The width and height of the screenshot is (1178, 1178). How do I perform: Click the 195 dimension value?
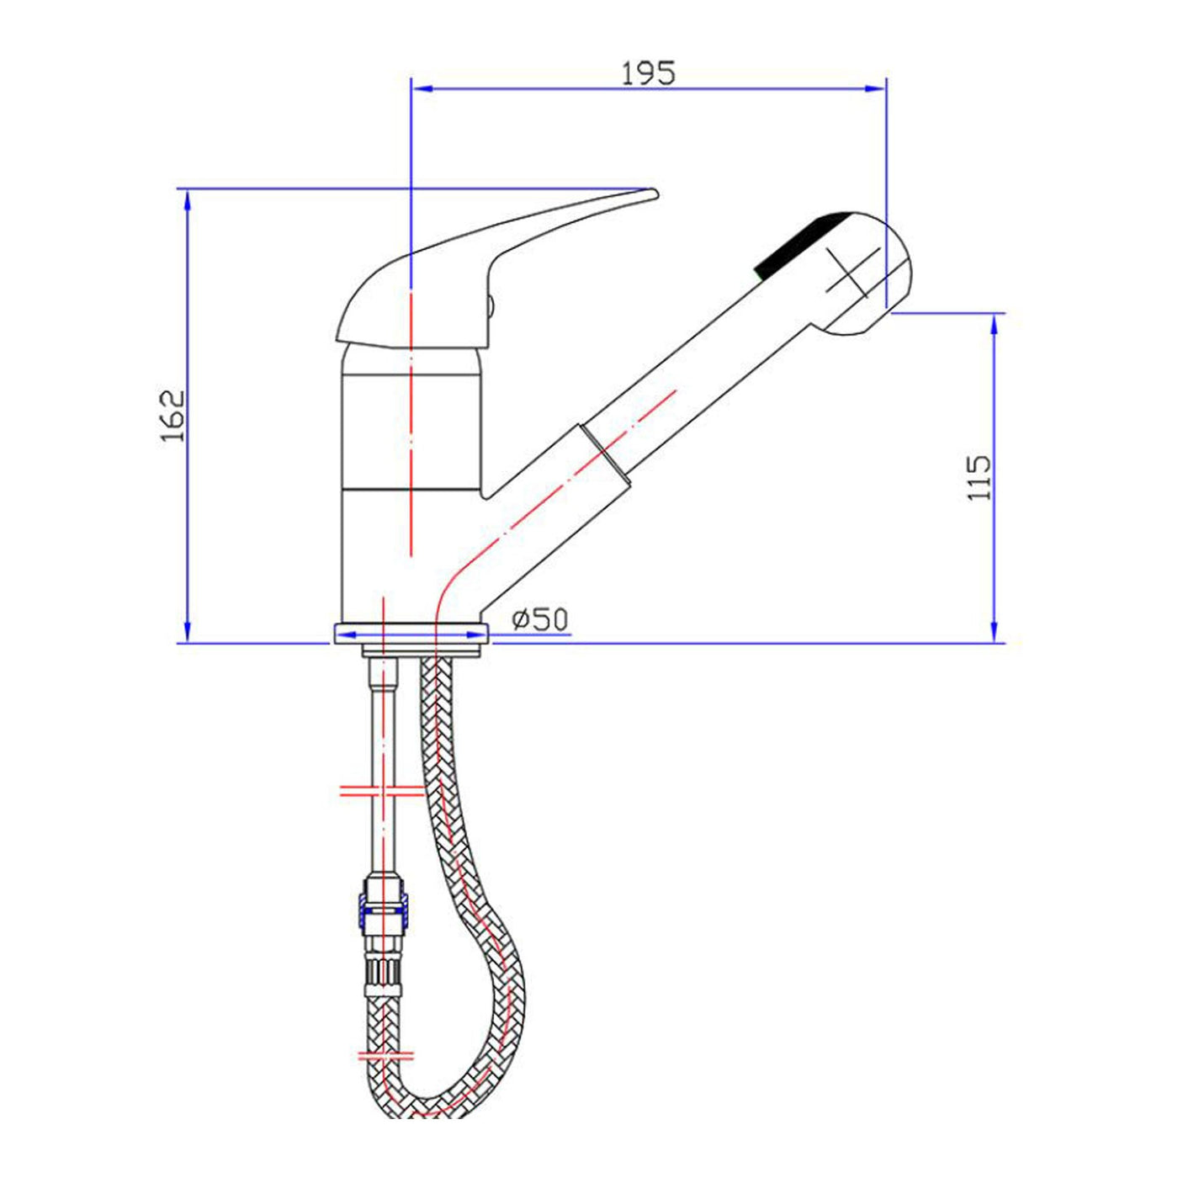pos(649,72)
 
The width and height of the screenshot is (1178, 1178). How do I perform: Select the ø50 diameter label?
pos(540,620)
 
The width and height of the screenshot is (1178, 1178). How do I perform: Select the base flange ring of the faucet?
pos(411,633)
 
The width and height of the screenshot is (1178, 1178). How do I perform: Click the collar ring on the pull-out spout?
pos(604,455)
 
